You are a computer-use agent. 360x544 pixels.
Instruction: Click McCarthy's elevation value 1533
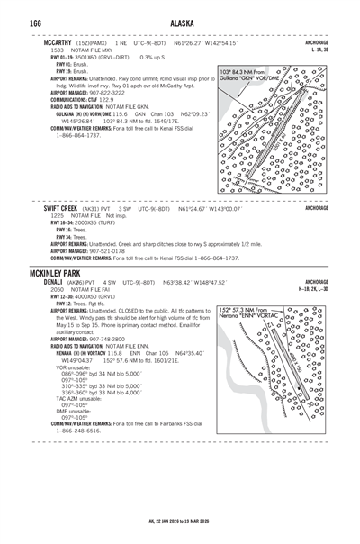[57, 50]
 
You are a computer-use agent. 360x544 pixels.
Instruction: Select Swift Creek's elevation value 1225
[57, 216]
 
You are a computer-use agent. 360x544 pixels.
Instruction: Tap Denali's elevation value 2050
[57, 290]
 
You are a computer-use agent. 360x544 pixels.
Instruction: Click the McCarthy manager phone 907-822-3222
[114, 92]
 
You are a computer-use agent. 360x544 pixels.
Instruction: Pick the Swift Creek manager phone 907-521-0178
[114, 251]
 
